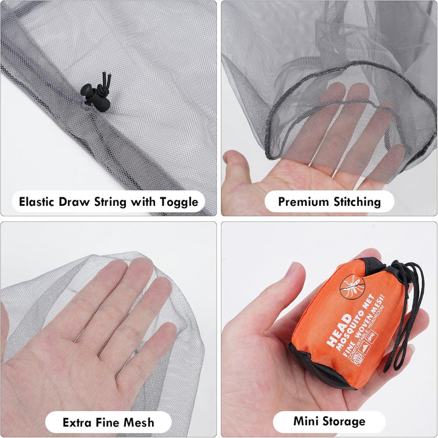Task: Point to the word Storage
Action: tap(346, 421)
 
